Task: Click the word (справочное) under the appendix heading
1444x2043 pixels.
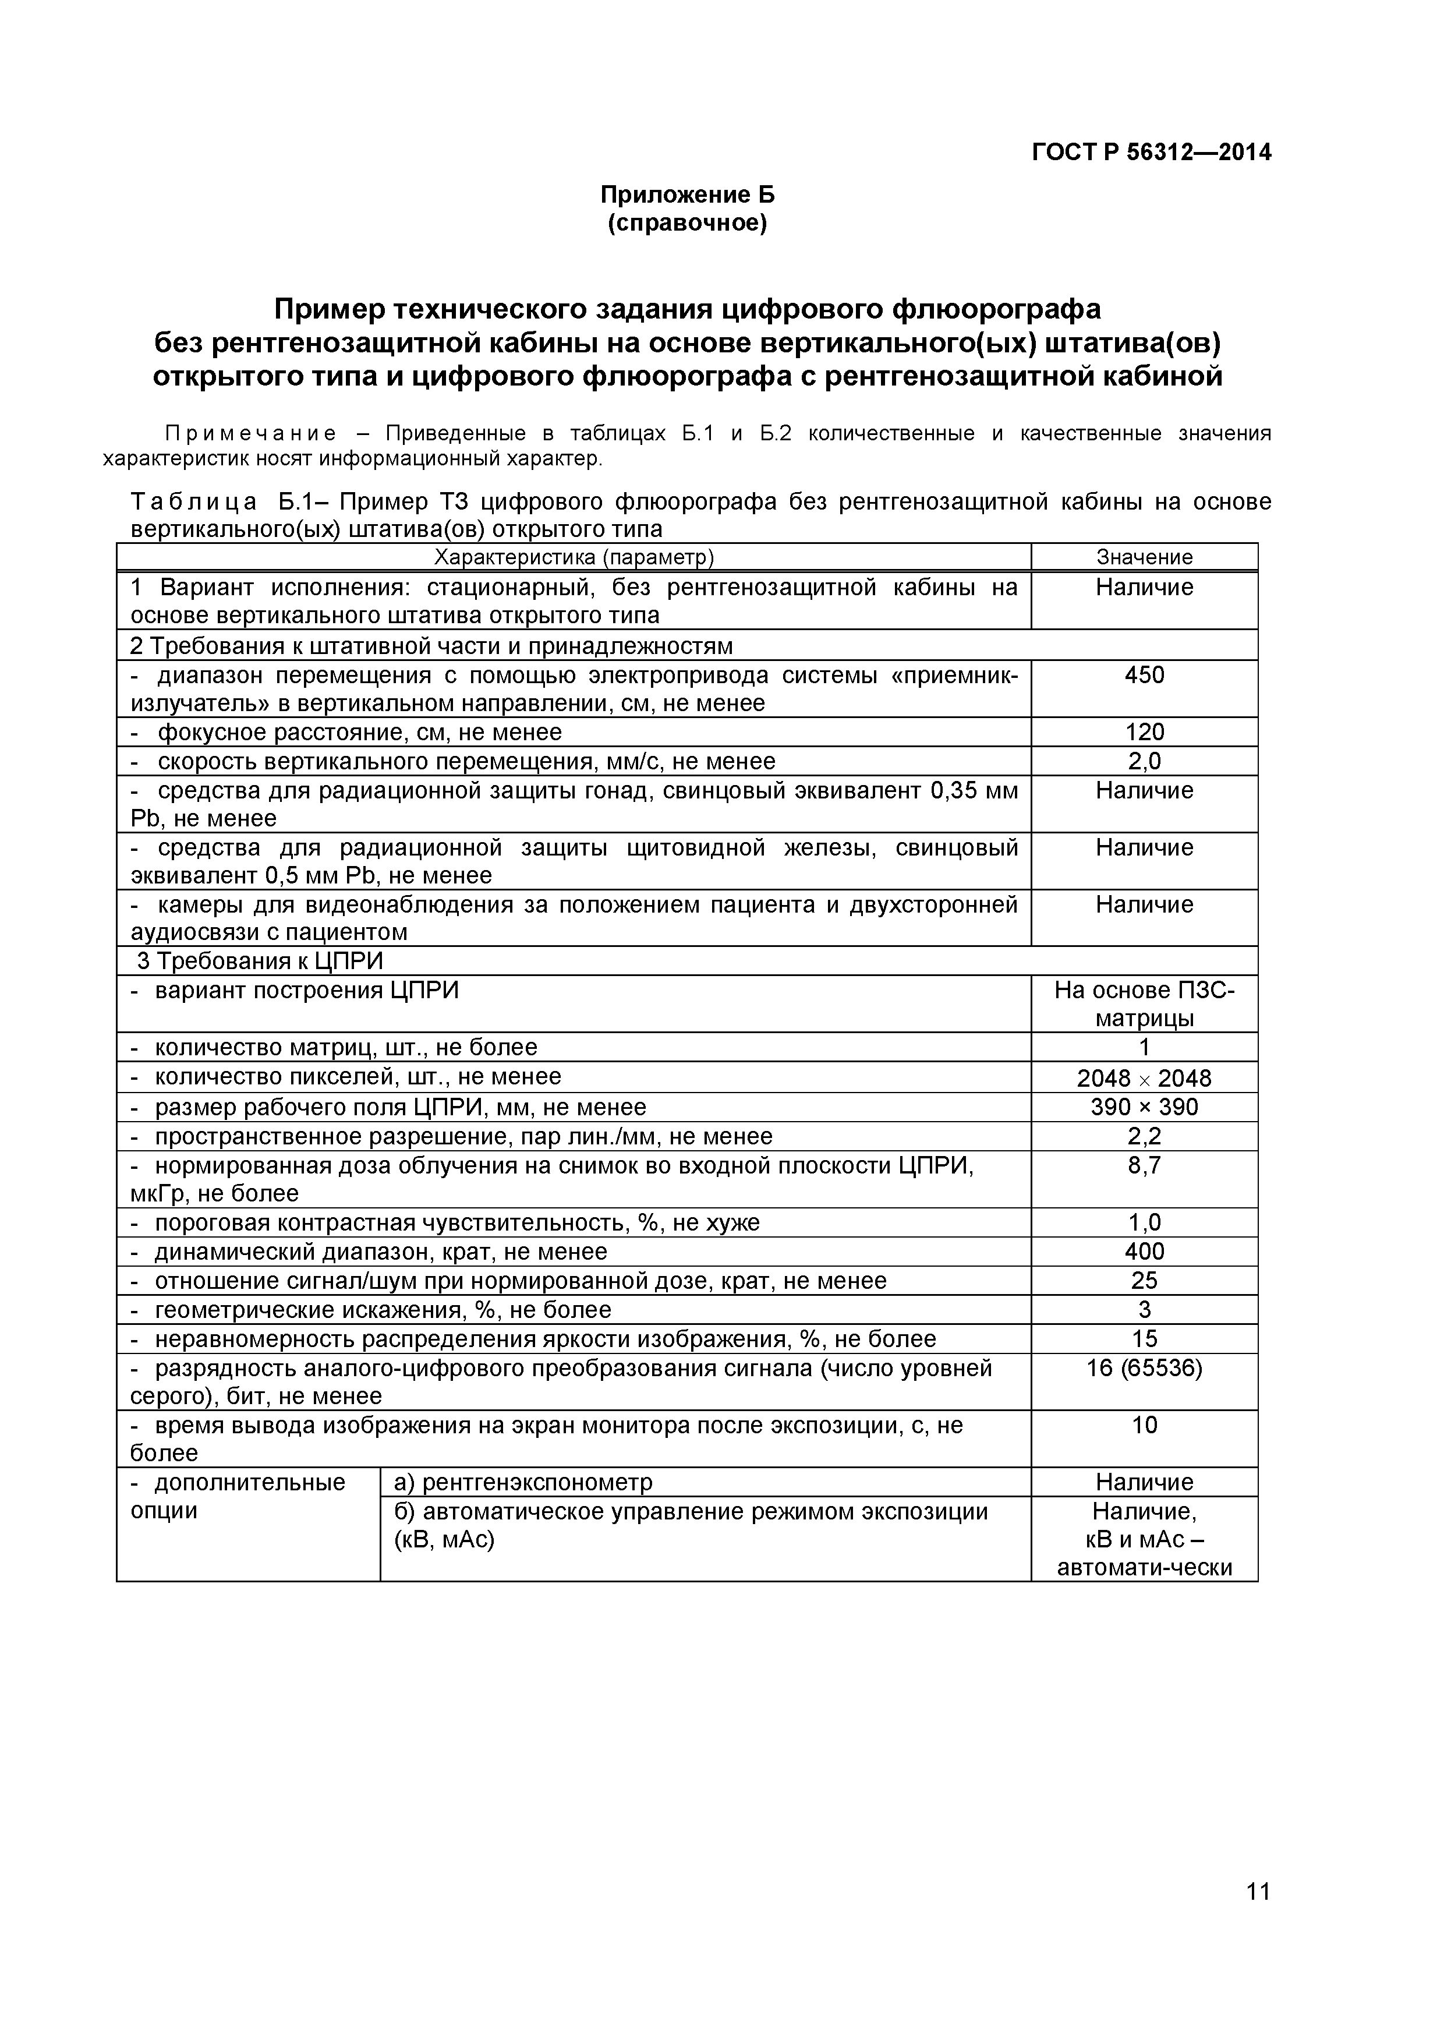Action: coord(687,222)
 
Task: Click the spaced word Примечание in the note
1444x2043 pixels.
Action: coord(252,433)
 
